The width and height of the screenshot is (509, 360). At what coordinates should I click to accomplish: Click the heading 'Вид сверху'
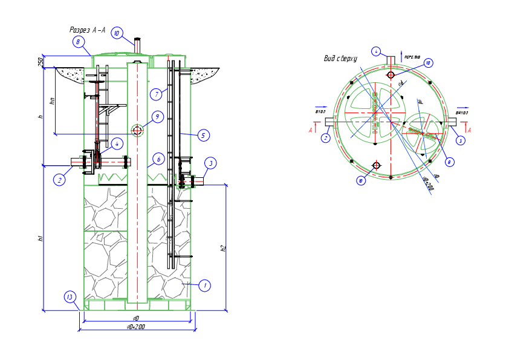pyautogui.click(x=341, y=59)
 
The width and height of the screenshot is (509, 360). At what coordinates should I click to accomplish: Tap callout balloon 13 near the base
pyautogui.click(x=70, y=296)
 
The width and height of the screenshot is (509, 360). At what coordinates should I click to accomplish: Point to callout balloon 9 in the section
pyautogui.click(x=157, y=117)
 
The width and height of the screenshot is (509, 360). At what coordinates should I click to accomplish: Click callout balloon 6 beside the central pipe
pyautogui.click(x=158, y=159)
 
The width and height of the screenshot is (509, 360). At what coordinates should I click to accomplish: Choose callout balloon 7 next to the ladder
pyautogui.click(x=157, y=94)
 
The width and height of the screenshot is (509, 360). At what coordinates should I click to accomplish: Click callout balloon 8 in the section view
pyautogui.click(x=78, y=42)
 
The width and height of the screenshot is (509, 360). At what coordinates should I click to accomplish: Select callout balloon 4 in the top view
pyautogui.click(x=376, y=51)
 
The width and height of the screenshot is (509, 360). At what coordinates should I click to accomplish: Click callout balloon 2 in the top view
pyautogui.click(x=325, y=138)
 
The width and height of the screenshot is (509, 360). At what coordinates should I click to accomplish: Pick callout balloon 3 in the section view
pyautogui.click(x=210, y=163)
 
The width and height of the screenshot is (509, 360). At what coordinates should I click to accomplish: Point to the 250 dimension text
pyautogui.click(x=41, y=62)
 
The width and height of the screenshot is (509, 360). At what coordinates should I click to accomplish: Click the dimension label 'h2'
pyautogui.click(x=222, y=248)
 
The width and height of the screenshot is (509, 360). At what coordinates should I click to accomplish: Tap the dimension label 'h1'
pyautogui.click(x=41, y=238)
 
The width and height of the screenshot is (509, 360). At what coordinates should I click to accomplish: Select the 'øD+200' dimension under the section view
pyautogui.click(x=136, y=327)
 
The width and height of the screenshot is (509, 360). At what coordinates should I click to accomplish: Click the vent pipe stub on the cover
pyautogui.click(x=137, y=46)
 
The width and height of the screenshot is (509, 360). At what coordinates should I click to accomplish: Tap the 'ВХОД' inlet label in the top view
pyautogui.click(x=320, y=112)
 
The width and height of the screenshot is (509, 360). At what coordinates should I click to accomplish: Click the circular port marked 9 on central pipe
pyautogui.click(x=137, y=130)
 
